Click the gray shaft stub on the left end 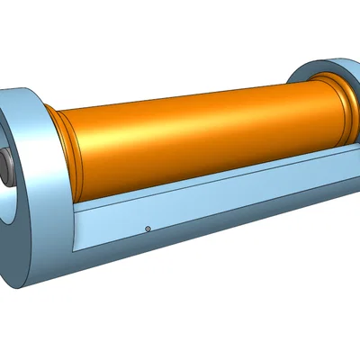click(5, 166)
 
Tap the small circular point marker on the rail click(147, 229)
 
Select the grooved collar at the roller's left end click(67, 153)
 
